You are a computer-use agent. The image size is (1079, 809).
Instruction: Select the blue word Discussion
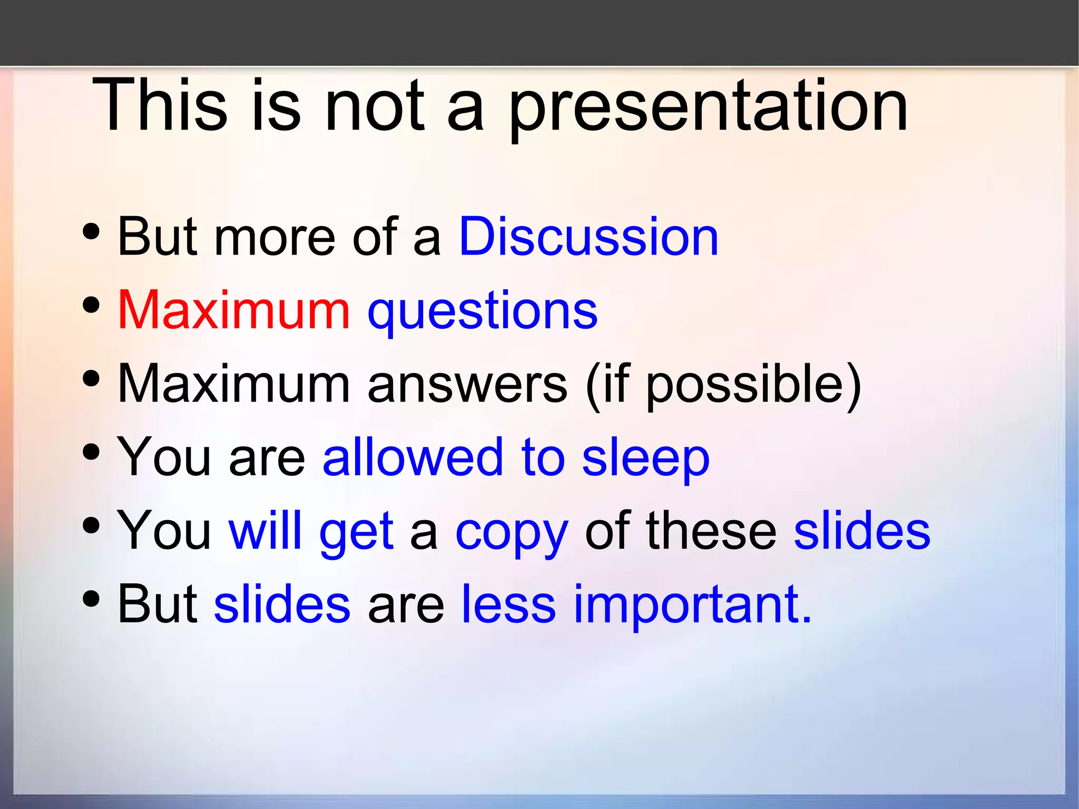tap(588, 237)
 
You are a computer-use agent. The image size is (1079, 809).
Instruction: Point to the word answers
tap(467, 385)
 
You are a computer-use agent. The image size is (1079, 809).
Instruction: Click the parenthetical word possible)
tap(753, 385)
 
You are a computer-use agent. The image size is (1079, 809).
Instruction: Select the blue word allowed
tap(413, 457)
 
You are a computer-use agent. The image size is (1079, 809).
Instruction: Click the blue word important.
tap(692, 605)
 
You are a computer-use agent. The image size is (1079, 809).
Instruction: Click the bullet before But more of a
tap(91, 231)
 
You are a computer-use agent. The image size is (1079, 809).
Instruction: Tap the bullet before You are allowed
tap(91, 452)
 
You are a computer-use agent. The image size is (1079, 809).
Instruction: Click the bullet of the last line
tap(91, 598)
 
